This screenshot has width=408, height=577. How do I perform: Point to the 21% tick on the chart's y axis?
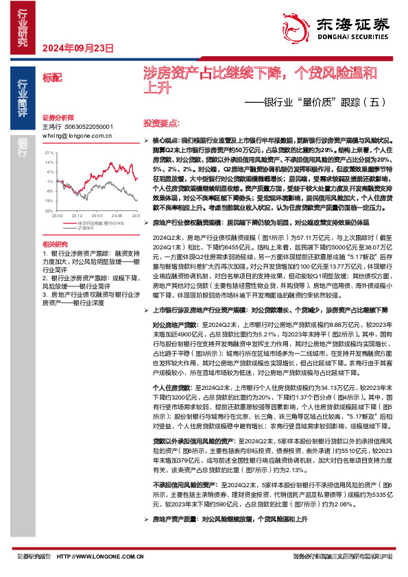click(49, 153)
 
